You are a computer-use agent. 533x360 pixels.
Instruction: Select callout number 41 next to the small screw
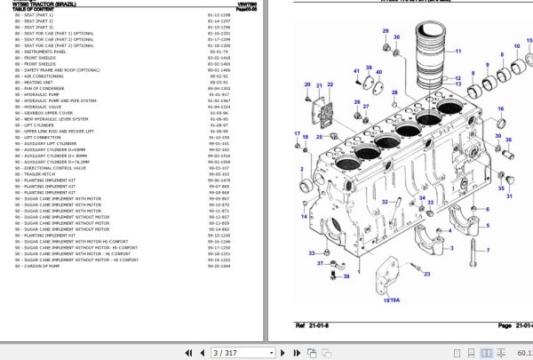(x=355, y=70)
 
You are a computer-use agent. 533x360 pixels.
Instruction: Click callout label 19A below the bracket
(x=390, y=301)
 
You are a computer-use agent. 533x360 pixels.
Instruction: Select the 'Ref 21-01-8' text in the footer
(x=312, y=325)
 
